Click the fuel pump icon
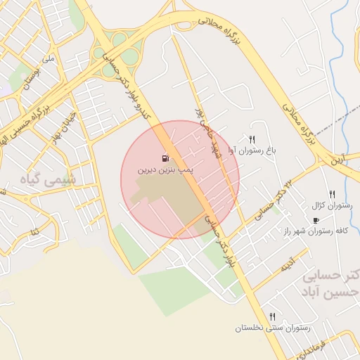pos(165,157)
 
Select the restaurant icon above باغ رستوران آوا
pos(252,139)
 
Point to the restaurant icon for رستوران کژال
pos(332,194)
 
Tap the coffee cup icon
pos(316,220)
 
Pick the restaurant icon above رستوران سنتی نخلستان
pos(271,316)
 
